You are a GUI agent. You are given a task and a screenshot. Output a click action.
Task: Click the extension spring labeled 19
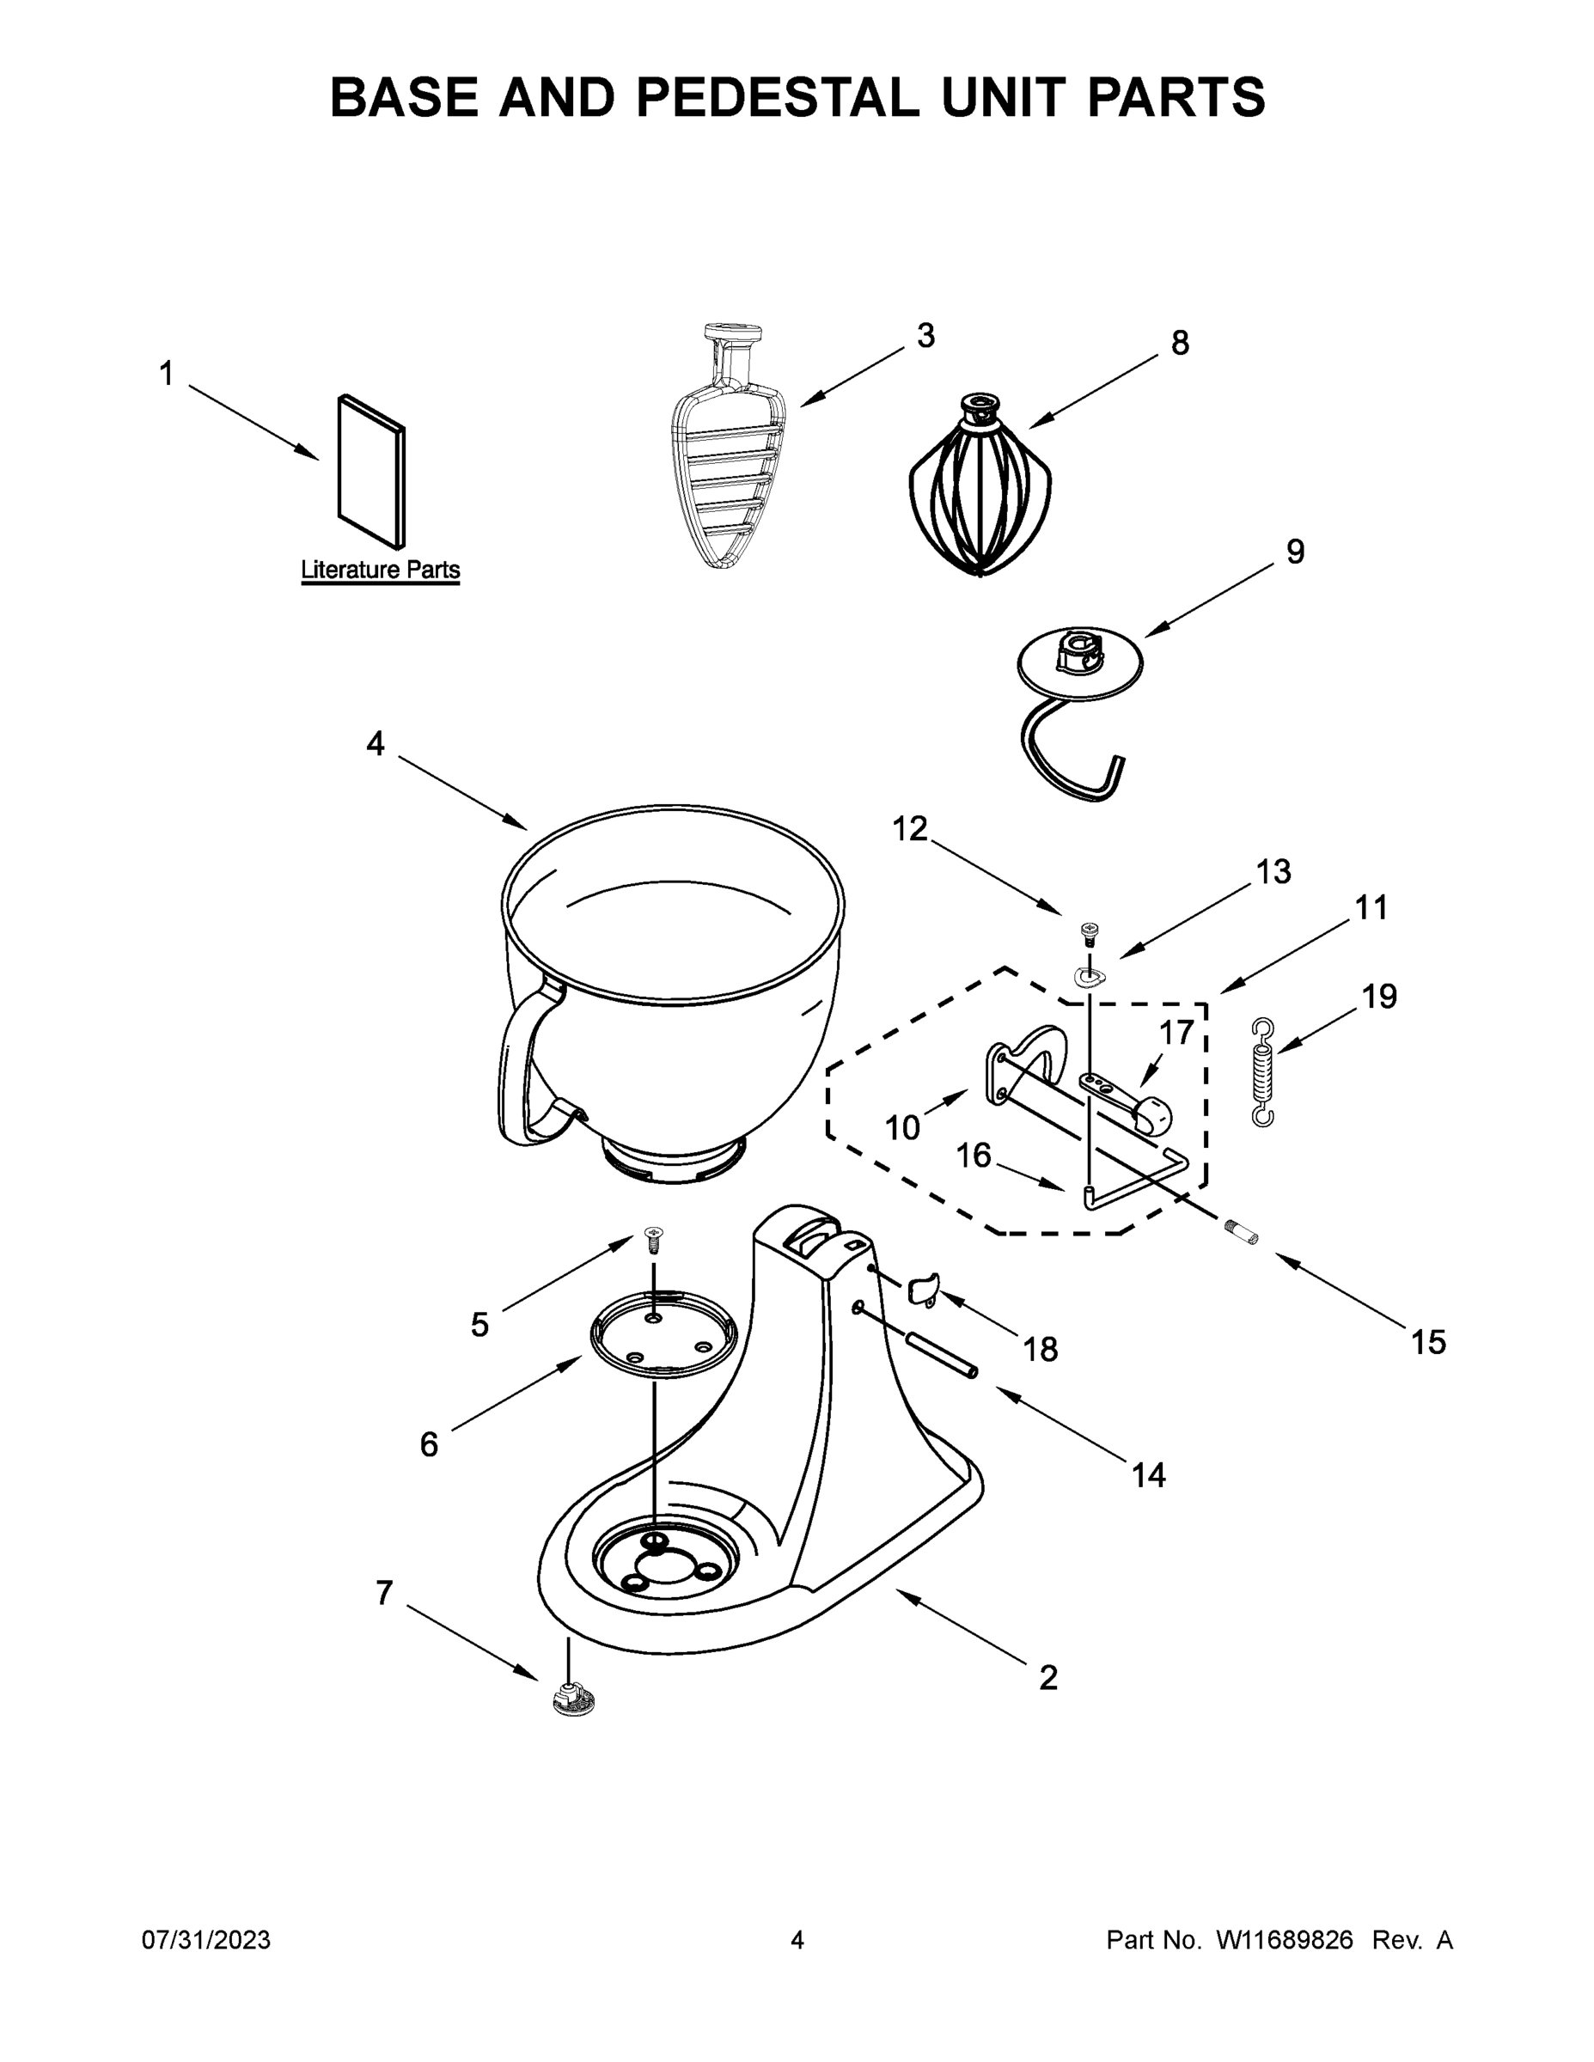point(1262,1071)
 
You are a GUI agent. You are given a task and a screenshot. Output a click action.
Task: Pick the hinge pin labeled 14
point(937,1368)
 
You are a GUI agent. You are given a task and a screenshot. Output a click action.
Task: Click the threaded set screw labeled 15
point(1241,1231)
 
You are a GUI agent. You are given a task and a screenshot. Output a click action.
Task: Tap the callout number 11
point(1371,907)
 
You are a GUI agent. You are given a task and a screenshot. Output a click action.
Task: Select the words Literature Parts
point(381,570)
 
